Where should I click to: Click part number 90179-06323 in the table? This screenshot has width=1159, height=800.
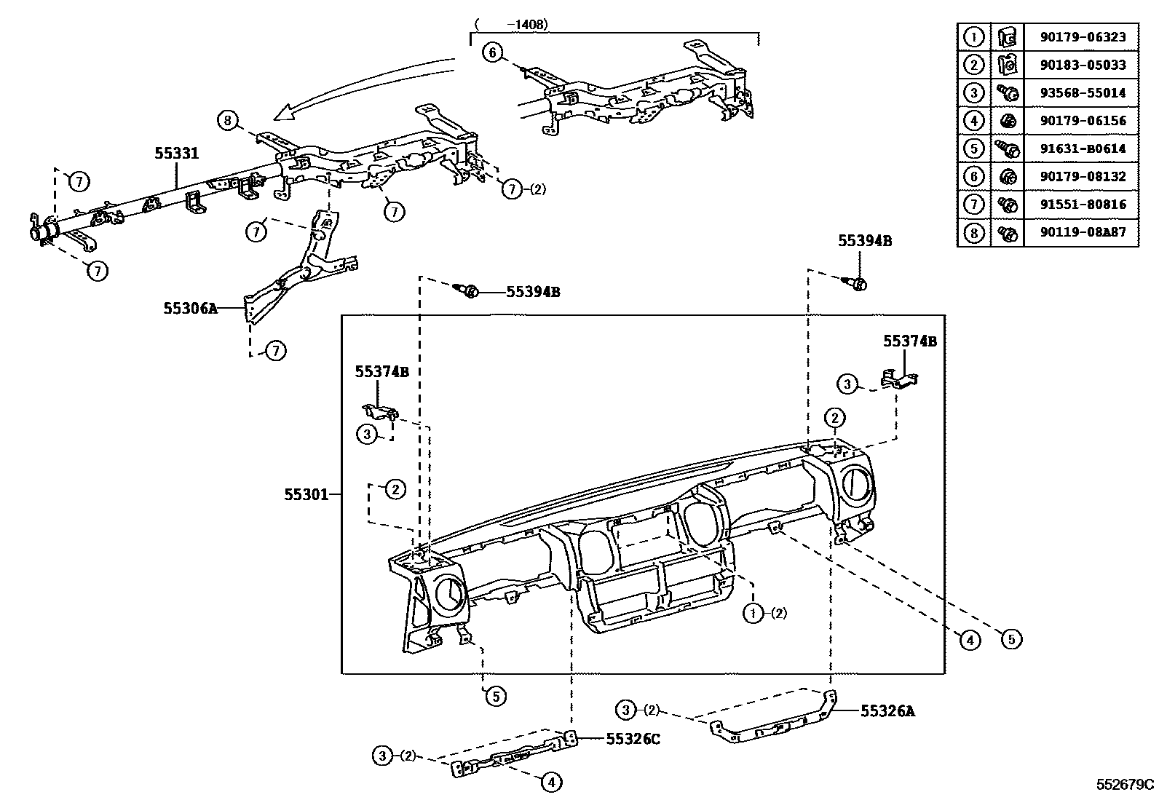[1080, 37]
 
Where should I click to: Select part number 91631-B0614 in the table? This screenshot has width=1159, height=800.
[1080, 148]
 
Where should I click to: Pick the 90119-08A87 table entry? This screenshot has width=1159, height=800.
[1080, 232]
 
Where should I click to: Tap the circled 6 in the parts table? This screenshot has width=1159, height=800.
[973, 176]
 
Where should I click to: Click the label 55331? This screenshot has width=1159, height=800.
[176, 154]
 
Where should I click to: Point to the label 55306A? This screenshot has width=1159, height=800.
[190, 308]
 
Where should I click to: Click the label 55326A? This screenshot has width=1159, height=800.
[887, 710]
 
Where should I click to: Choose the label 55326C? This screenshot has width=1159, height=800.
[633, 738]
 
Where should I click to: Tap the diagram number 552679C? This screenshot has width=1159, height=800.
[1126, 784]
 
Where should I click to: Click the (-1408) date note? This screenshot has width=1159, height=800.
[510, 24]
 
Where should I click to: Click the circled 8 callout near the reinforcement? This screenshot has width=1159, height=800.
[228, 119]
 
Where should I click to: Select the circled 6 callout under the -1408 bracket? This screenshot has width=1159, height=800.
[493, 52]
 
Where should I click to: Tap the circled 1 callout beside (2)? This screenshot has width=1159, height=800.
[752, 613]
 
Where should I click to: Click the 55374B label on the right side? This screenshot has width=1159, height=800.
[909, 341]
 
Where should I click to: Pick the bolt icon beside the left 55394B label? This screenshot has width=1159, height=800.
[468, 291]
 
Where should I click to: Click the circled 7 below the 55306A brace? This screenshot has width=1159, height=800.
[275, 351]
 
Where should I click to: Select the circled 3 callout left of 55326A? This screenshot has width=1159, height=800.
[625, 709]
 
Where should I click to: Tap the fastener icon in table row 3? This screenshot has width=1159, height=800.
[1008, 93]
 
